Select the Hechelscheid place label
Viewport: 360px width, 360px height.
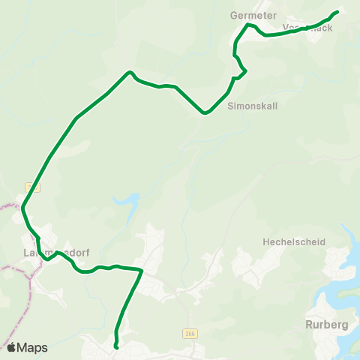coord(290,242)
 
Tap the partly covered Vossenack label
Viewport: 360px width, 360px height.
coord(308,27)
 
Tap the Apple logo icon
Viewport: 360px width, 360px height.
coord(12,347)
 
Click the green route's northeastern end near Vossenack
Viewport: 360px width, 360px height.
coord(337,11)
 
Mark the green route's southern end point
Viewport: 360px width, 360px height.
coord(117,346)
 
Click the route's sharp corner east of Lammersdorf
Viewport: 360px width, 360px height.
coord(141,270)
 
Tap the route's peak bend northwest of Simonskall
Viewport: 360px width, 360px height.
coord(130,72)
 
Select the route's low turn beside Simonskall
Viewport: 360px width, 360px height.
coord(204,114)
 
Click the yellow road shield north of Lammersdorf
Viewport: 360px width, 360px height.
coord(28,186)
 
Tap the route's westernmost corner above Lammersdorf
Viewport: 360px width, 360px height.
coord(23,207)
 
